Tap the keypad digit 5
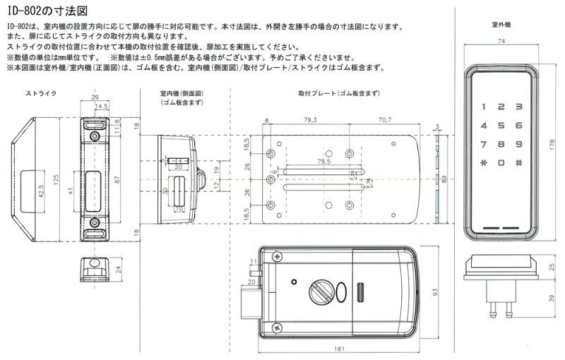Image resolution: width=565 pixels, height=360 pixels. pos(500,126)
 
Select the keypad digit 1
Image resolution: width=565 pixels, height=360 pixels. pos(484,108)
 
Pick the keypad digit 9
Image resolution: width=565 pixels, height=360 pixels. pos(518,144)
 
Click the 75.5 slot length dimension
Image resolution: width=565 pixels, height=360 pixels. pos(323,162)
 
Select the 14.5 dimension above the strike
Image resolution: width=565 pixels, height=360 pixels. pos(102,107)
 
